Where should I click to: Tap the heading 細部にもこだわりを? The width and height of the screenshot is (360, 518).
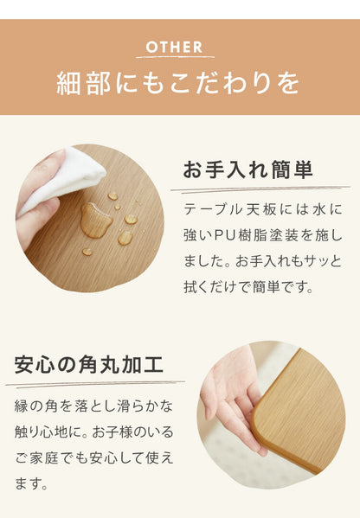point(179,84)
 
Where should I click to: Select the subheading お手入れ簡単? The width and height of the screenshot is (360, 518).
point(247,169)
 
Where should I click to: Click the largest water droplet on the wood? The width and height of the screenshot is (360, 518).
point(95,221)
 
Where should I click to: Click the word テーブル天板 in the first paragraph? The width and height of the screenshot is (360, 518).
point(227,210)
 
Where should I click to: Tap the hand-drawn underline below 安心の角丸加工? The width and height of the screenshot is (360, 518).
point(95,381)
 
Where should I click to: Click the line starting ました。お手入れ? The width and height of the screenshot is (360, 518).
point(263,260)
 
